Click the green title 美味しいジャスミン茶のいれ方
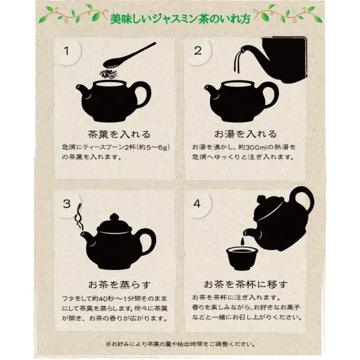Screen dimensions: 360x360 click(x=180, y=19)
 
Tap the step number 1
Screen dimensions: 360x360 click(x=67, y=51)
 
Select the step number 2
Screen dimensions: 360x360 click(x=197, y=51)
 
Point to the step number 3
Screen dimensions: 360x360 click(x=67, y=204)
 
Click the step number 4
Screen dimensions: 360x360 click(x=197, y=204)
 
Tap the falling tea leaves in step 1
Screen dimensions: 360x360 click(x=109, y=73)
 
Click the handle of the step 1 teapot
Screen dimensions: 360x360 click(x=143, y=95)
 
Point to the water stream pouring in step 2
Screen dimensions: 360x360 click(x=238, y=62)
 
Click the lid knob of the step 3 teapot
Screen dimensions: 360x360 click(x=114, y=217)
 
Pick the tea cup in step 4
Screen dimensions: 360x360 click(x=241, y=258)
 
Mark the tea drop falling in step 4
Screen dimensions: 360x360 click(x=242, y=241)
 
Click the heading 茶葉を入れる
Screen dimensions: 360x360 click(x=119, y=134)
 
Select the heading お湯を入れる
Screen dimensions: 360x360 click(x=245, y=134)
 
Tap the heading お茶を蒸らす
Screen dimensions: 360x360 click(x=119, y=284)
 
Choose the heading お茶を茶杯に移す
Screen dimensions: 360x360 click(x=245, y=284)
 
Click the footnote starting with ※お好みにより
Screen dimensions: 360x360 click(x=181, y=344)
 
